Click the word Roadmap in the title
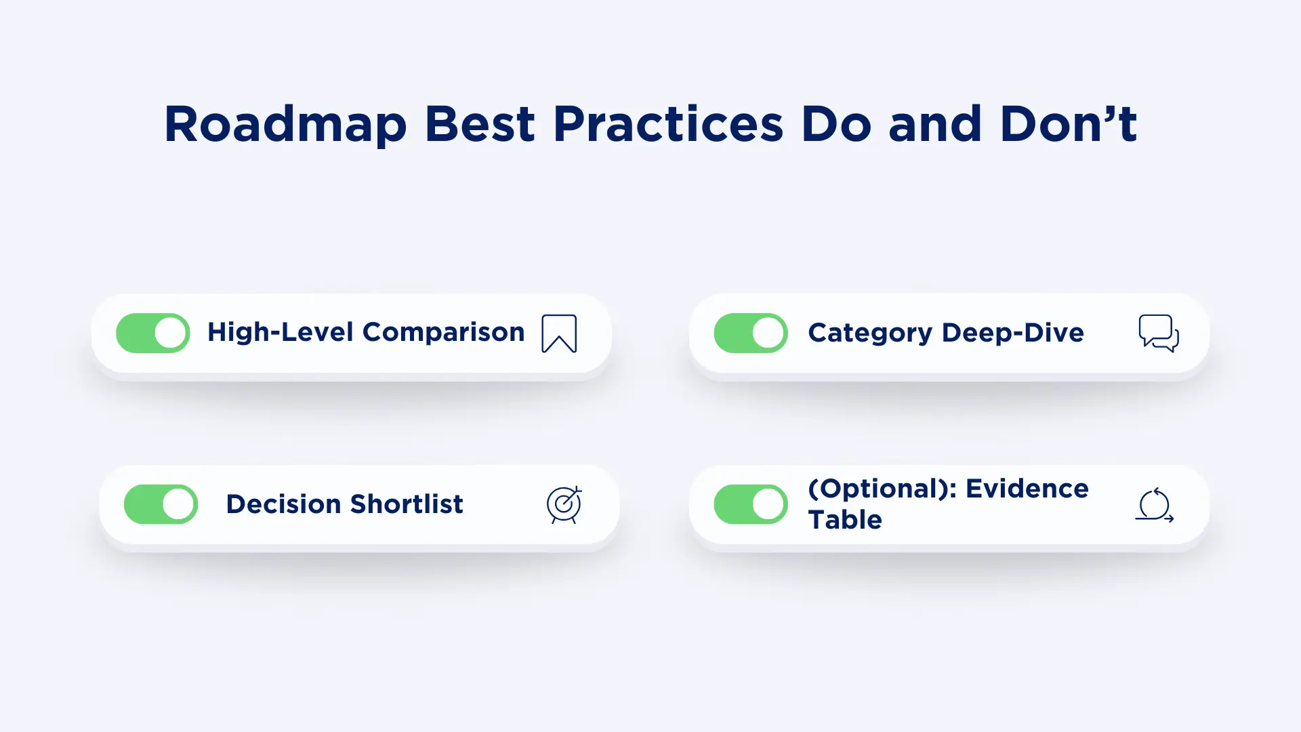tap(285, 124)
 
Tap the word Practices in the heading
tap(668, 124)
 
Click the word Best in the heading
tap(480, 124)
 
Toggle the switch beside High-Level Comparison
tap(153, 333)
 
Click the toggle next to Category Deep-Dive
tap(751, 333)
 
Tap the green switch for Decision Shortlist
tap(161, 504)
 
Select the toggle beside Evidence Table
tap(751, 504)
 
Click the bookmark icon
tap(559, 333)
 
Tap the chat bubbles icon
tap(1159, 333)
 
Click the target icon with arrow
tap(564, 505)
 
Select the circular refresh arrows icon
tap(1154, 505)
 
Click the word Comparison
tap(443, 332)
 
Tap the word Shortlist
tap(406, 504)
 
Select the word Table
tap(845, 520)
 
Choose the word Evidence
tap(1027, 489)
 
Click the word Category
tap(870, 333)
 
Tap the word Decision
tap(283, 504)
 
